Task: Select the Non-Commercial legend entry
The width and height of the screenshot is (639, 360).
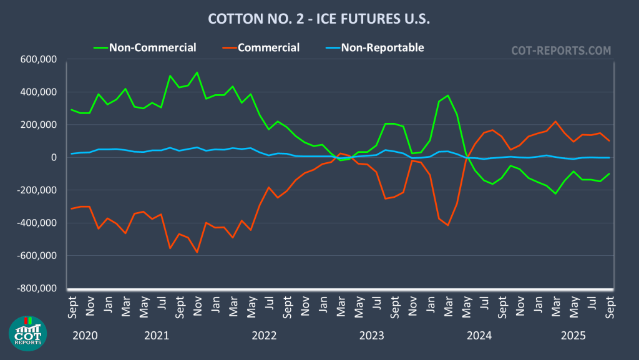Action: pyautogui.click(x=152, y=47)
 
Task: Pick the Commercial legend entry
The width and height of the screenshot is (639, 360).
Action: pyautogui.click(x=268, y=47)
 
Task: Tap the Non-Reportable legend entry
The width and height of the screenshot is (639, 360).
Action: pyautogui.click(x=382, y=47)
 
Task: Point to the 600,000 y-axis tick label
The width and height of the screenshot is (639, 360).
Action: pyautogui.click(x=39, y=60)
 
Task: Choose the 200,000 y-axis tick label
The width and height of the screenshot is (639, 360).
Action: pyautogui.click(x=39, y=125)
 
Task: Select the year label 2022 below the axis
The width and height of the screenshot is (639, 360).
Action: pyautogui.click(x=264, y=336)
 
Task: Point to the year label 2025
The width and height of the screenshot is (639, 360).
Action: pyautogui.click(x=572, y=336)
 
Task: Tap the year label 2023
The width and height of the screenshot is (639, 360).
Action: pyautogui.click(x=372, y=336)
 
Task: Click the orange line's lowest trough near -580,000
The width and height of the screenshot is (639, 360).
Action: pyautogui.click(x=197, y=252)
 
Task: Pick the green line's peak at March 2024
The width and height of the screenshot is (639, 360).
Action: pyautogui.click(x=448, y=95)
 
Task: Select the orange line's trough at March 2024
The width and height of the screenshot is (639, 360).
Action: pyautogui.click(x=448, y=225)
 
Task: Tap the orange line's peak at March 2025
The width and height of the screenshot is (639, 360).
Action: pyautogui.click(x=555, y=122)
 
